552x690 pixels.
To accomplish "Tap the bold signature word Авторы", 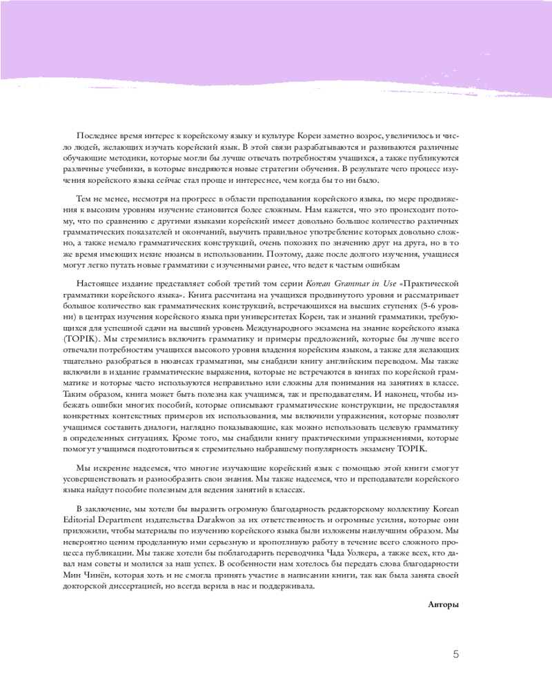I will (x=443, y=604).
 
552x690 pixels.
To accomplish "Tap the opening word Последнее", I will (x=99, y=137).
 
